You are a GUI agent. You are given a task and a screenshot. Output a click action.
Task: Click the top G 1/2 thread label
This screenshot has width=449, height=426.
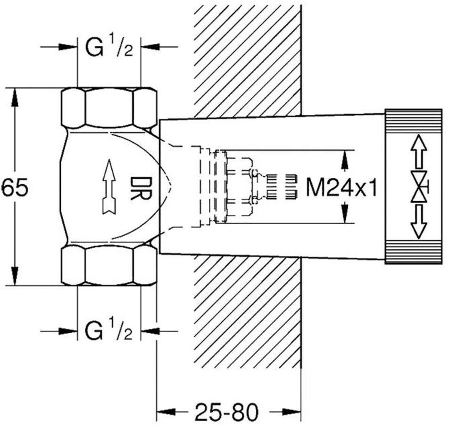(109, 47)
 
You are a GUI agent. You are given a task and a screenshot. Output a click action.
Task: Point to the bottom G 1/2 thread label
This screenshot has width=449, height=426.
(109, 331)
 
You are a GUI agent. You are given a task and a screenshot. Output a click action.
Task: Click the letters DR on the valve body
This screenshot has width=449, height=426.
(140, 188)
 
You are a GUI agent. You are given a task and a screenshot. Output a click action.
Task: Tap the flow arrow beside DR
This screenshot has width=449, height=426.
(109, 186)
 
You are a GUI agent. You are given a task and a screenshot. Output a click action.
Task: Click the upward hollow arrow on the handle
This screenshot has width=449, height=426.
(417, 151)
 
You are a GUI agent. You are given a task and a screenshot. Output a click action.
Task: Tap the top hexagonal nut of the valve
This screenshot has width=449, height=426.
(109, 107)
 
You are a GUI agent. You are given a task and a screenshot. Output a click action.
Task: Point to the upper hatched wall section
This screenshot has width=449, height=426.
(248, 59)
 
